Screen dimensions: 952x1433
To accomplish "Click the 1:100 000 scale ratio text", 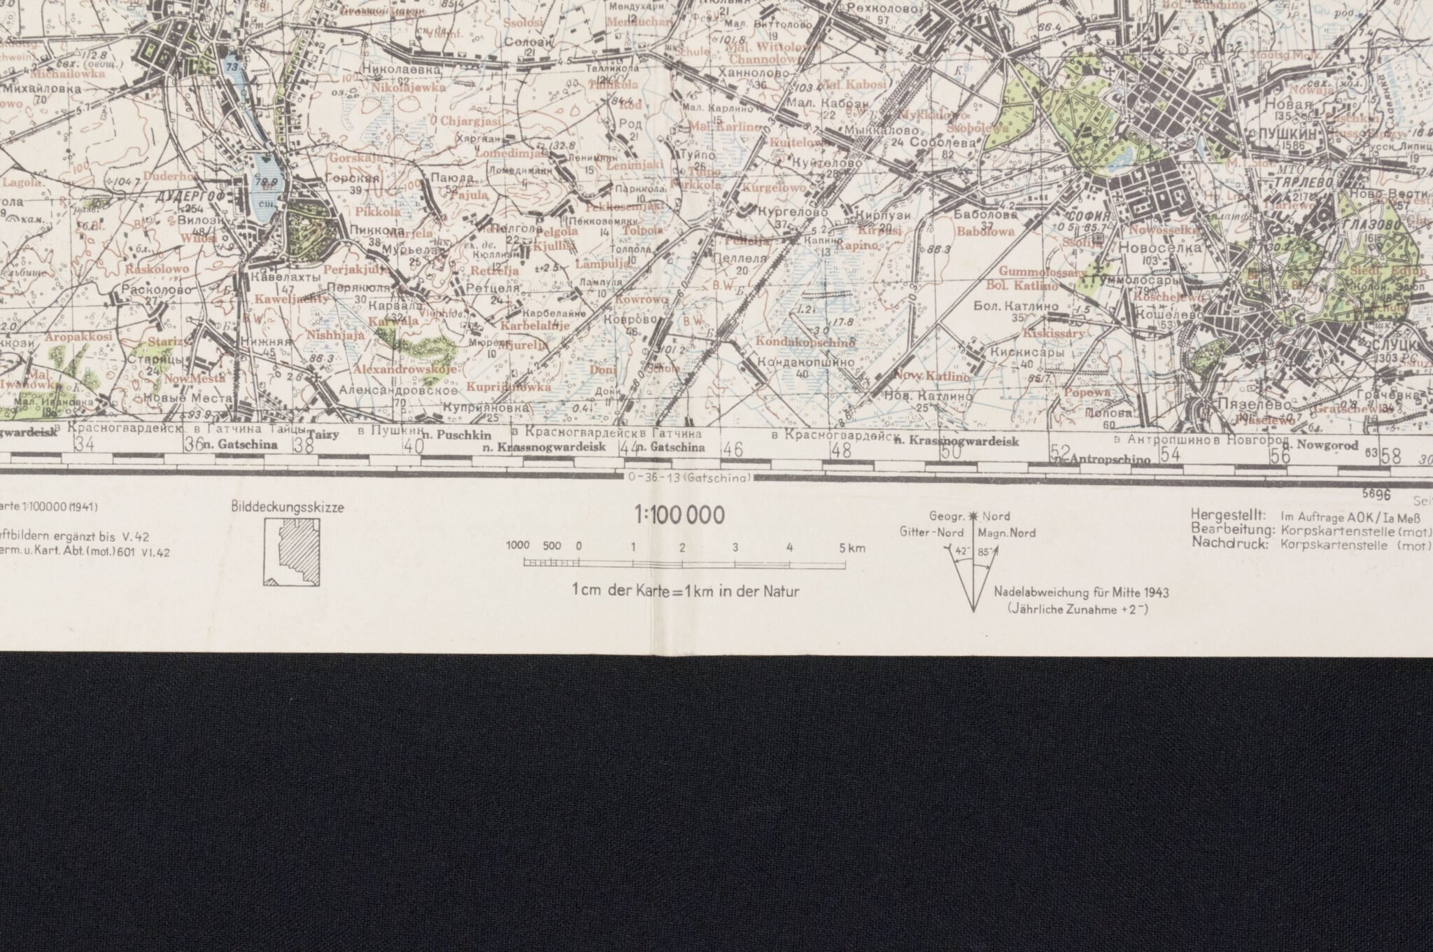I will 678,517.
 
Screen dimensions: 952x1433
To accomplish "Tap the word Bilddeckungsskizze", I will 287,508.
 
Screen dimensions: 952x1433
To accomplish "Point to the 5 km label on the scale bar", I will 852,548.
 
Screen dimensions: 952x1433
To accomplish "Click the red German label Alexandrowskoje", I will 404,369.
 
